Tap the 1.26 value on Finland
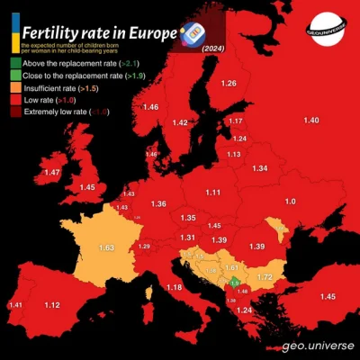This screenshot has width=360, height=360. (x=229, y=84)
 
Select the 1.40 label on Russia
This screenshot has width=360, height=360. (x=311, y=121)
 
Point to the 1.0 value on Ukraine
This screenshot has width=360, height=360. (x=290, y=201)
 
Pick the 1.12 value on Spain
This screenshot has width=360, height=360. (x=52, y=306)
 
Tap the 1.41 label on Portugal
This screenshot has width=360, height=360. (x=15, y=306)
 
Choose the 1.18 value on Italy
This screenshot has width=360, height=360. (x=174, y=287)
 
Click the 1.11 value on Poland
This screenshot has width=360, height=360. (x=213, y=193)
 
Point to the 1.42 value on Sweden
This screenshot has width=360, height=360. (x=181, y=122)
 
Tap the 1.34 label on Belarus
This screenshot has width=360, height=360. (x=259, y=168)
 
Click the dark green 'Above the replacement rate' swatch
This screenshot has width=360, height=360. (x=15, y=63)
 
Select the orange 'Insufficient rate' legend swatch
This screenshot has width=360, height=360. (x=15, y=87)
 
